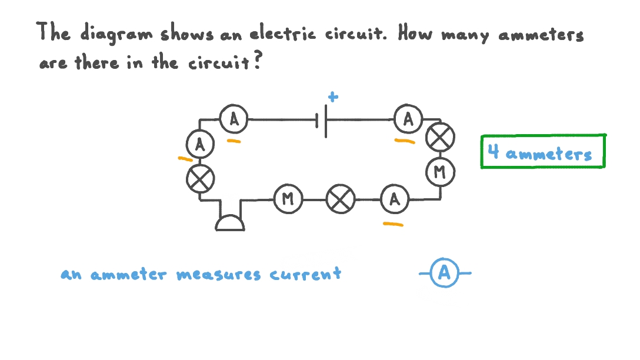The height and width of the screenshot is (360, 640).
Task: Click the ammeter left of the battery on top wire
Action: coord(234,120)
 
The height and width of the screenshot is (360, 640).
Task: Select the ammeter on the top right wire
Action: coord(408,120)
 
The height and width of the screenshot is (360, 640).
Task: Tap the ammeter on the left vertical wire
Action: coord(200,145)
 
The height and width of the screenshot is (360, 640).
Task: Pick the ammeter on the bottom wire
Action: coord(394,199)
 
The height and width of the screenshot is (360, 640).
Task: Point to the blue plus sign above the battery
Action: coord(334,98)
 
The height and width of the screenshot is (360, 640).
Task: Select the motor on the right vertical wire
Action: coord(439,172)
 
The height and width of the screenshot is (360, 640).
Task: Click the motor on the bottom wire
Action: coord(288,199)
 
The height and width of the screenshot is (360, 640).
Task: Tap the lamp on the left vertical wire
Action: coord(200,178)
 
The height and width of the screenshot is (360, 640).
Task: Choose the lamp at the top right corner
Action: coord(439,138)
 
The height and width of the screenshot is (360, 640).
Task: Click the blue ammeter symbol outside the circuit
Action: coord(445,273)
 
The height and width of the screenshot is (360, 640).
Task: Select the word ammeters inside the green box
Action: coord(548,154)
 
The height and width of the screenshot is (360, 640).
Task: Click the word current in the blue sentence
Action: coord(305,274)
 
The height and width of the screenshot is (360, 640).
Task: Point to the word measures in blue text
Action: coord(218,275)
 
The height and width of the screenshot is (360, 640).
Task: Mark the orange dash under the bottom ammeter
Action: coord(393,224)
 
